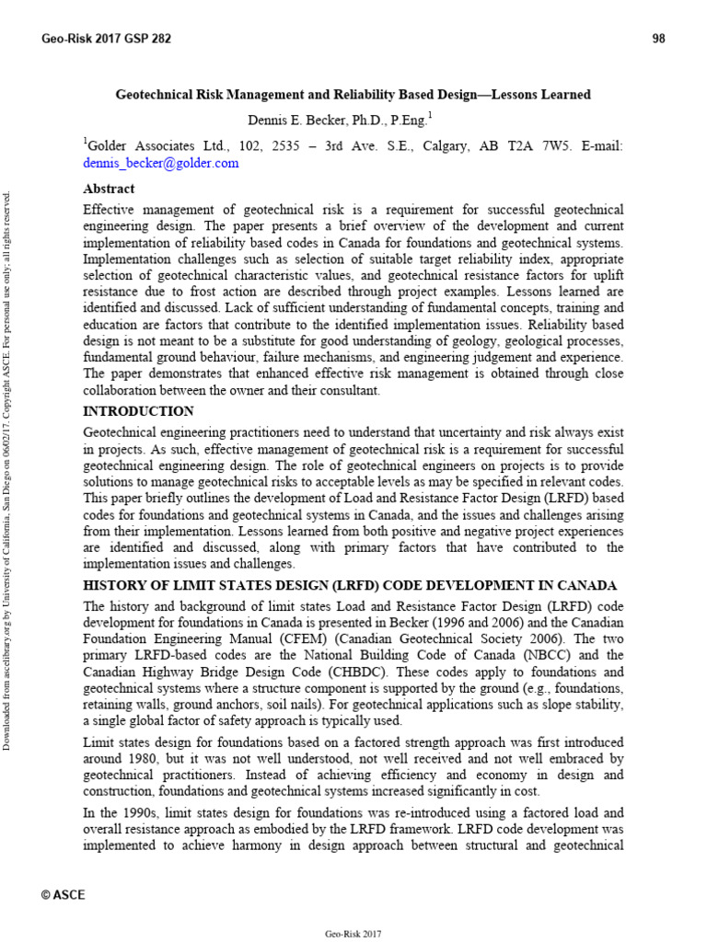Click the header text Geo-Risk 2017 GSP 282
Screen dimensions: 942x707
pyautogui.click(x=106, y=38)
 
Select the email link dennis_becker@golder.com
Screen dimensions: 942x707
pyautogui.click(x=161, y=163)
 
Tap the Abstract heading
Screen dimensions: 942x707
pyautogui.click(x=109, y=189)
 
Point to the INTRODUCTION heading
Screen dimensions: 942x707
pyautogui.click(x=138, y=411)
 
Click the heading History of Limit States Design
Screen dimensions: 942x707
pyautogui.click(x=350, y=586)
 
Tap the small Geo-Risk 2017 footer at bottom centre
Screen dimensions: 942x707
pyautogui.click(x=353, y=934)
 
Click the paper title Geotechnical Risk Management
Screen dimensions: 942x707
pyautogui.click(x=353, y=95)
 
